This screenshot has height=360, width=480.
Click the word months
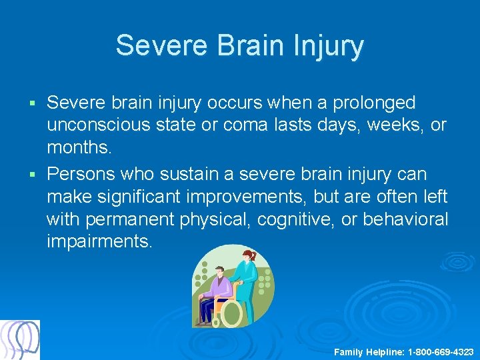pos(79,147)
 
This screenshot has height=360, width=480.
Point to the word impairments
pos(99,241)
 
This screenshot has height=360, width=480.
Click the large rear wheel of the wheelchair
pos(231,312)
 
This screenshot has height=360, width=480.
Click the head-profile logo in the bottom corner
pos(20,340)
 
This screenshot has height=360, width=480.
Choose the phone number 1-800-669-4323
pos(441,351)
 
